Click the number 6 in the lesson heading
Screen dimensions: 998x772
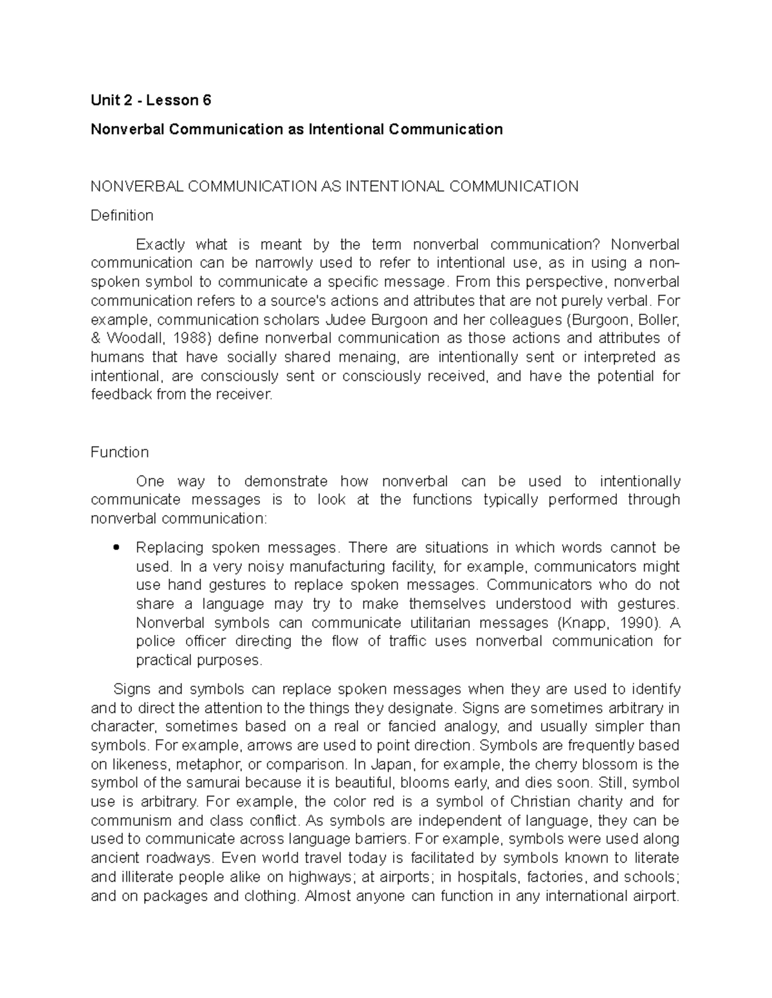(x=206, y=100)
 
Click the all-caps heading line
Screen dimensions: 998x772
(x=335, y=186)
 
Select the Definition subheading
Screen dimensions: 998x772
(x=122, y=215)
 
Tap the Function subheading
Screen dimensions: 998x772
(x=120, y=452)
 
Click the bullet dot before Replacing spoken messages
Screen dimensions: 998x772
(x=116, y=548)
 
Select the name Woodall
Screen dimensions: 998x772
(x=137, y=339)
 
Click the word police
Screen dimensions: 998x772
(x=154, y=641)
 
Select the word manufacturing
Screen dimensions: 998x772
(x=337, y=567)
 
